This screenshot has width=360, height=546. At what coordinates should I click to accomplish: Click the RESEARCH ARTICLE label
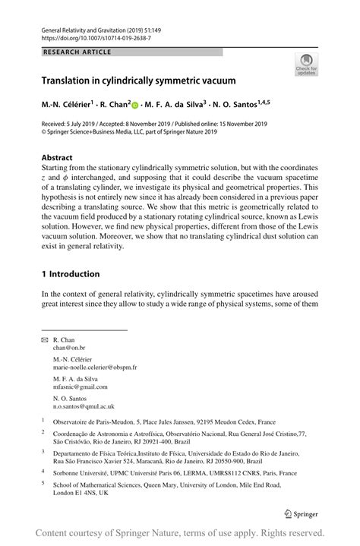coord(77,52)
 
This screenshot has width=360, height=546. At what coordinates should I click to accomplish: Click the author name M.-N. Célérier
coord(71,102)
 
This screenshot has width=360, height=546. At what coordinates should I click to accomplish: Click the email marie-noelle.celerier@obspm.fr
coord(95,367)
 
